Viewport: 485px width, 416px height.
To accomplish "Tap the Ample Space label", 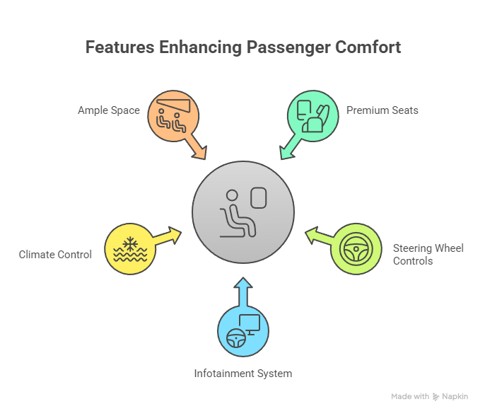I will [x=109, y=110].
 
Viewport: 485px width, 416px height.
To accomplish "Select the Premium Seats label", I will [x=382, y=110].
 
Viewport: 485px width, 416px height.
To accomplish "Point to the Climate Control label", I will [x=55, y=254].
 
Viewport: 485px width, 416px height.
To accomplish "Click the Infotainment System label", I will [x=242, y=373].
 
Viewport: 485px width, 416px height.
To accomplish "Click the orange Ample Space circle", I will [x=173, y=115].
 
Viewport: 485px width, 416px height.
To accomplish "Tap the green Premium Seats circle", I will [x=312, y=115].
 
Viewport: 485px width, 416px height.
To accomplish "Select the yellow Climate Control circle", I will [x=129, y=249].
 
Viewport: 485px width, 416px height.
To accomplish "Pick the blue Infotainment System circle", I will [x=242, y=331].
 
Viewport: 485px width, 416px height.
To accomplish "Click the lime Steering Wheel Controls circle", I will [x=356, y=249].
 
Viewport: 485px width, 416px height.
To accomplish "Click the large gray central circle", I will [x=242, y=212].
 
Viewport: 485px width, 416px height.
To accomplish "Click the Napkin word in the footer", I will [x=455, y=397].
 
